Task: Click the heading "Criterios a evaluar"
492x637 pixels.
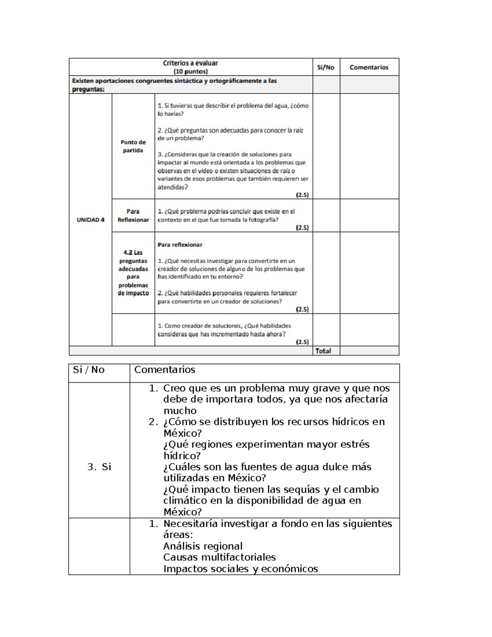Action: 190,63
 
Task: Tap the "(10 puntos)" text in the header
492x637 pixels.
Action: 190,71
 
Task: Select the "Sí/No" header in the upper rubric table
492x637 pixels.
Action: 326,67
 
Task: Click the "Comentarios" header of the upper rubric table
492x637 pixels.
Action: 369,67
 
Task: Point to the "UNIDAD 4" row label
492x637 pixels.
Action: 90,220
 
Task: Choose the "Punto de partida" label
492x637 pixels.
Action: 133,146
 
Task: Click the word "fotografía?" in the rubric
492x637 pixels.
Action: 263,219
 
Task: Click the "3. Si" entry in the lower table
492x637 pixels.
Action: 99,467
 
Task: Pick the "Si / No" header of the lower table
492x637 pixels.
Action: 89,370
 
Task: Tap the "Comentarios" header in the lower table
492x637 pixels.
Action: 165,370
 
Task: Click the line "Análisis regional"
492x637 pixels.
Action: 203,546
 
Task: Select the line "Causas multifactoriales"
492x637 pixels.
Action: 219,557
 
